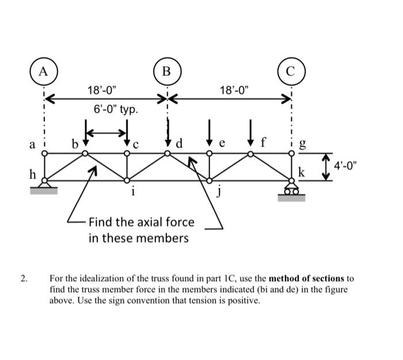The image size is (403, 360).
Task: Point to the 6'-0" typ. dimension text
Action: (116, 109)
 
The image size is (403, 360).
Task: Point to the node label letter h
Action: (33, 173)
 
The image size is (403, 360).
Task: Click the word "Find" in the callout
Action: (101, 222)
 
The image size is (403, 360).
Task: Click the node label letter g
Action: (304, 145)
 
